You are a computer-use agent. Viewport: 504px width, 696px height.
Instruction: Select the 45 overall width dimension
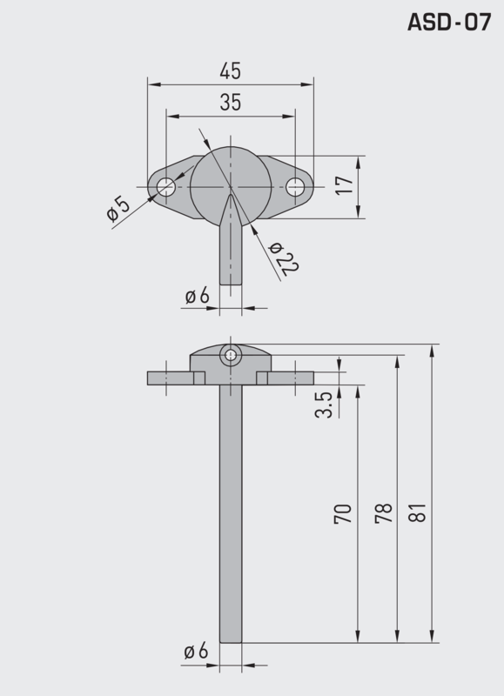230,70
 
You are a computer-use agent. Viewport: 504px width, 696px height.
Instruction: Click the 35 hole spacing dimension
230,102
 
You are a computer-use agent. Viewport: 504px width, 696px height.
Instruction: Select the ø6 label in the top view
198,296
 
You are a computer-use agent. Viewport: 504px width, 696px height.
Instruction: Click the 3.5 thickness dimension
324,405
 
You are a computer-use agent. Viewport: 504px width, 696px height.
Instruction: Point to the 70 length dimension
343,512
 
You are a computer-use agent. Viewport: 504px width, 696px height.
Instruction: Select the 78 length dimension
383,512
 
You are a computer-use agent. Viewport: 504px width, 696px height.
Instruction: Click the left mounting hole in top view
165,186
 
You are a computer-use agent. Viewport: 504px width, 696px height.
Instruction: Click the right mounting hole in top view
296,186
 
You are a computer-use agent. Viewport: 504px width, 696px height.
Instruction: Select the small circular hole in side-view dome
230,354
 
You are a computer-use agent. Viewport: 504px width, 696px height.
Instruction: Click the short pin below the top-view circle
230,257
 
